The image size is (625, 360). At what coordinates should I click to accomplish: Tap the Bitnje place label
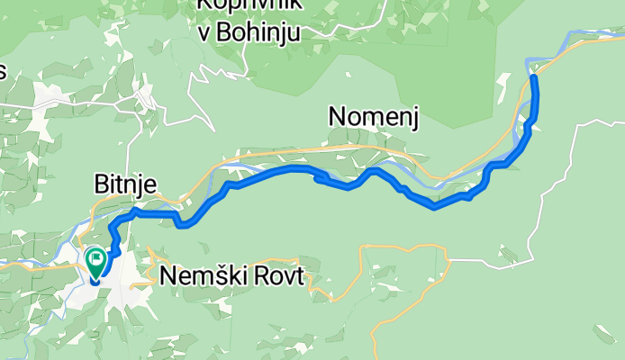pyautogui.click(x=125, y=184)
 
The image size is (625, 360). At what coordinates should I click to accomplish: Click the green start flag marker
pyautogui.click(x=96, y=260)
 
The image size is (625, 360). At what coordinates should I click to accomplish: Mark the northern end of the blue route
pyautogui.click(x=534, y=78)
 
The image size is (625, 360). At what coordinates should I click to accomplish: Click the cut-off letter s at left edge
pyautogui.click(x=3, y=73)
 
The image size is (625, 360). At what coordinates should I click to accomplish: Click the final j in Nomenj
pyautogui.click(x=415, y=118)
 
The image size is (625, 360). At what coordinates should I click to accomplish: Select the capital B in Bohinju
pyautogui.click(x=226, y=32)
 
